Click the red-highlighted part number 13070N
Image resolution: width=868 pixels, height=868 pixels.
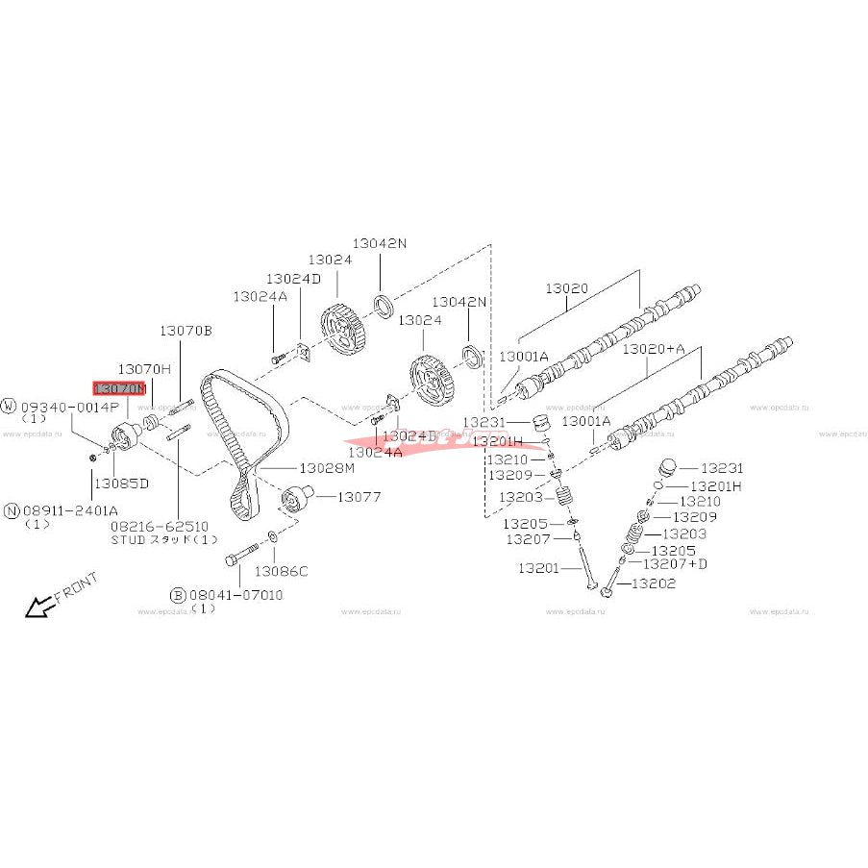coord(119,388)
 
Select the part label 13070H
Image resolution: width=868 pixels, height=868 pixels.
coord(144,369)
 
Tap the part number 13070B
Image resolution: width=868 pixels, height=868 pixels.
coord(186,331)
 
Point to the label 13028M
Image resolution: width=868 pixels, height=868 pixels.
coord(327,468)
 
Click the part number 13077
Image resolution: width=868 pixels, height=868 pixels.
coord(358,497)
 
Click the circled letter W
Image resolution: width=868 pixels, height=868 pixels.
coord(10,407)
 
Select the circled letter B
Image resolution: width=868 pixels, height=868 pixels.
coord(178,595)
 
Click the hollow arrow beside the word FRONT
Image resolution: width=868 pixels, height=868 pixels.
coord(39,607)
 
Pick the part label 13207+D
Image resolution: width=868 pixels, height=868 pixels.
coord(675,563)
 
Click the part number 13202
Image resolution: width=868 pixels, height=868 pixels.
coord(654,583)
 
